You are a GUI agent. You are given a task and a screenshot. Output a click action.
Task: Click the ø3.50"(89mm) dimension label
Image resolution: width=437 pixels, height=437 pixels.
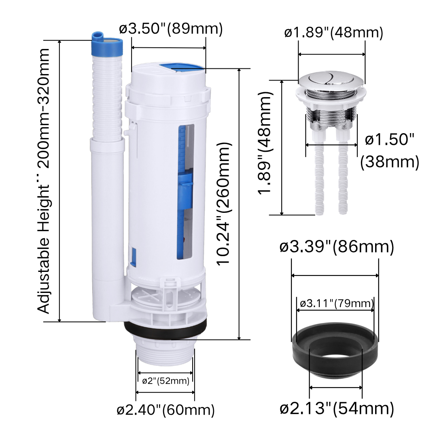click(x=171, y=28)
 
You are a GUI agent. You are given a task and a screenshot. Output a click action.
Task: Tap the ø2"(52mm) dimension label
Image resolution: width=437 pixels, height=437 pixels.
click(x=165, y=381)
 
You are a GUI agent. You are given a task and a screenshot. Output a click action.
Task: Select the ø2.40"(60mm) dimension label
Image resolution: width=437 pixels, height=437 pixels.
click(x=165, y=409)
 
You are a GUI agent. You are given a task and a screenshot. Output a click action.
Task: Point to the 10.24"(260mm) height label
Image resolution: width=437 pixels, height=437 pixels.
click(x=224, y=204)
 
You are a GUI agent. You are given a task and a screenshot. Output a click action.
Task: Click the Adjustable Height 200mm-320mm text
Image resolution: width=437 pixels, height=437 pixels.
click(x=43, y=181)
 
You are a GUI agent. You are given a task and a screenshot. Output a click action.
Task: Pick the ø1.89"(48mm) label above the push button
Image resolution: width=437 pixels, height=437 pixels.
click(x=333, y=33)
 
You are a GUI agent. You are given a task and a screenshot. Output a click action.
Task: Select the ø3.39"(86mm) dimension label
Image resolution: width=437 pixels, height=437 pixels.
click(x=337, y=247)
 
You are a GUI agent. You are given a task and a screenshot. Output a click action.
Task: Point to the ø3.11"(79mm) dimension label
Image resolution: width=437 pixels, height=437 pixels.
click(x=337, y=303)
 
